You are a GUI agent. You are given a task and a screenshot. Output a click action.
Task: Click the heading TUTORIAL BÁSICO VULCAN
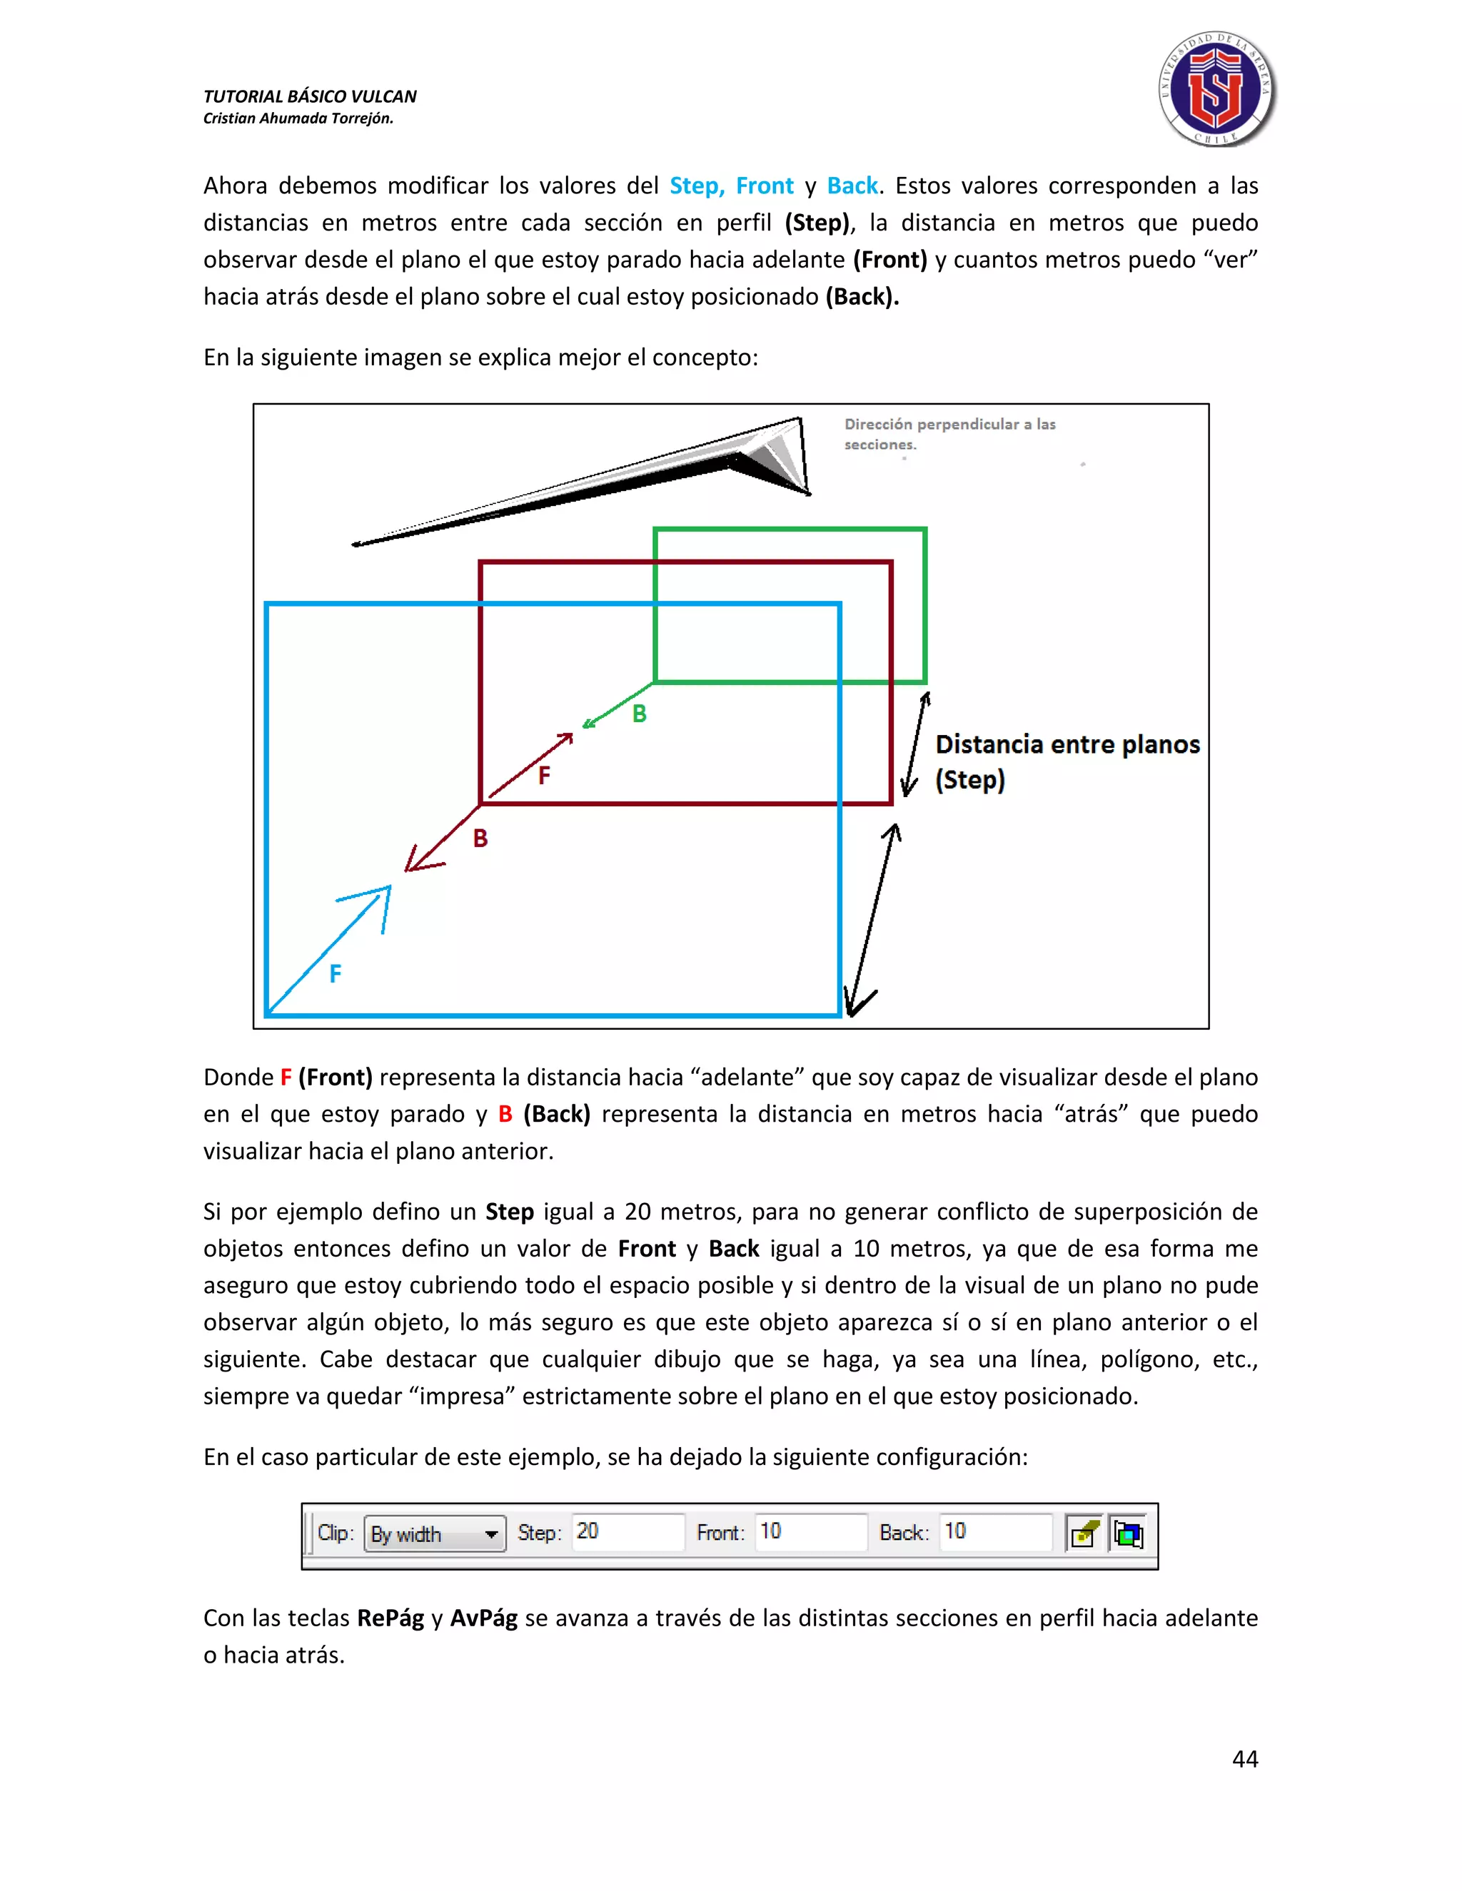309,96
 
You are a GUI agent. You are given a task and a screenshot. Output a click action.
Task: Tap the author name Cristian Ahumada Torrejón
298,118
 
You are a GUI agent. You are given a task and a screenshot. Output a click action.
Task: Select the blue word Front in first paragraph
764,186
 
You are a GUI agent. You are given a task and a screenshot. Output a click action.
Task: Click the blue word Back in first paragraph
852,186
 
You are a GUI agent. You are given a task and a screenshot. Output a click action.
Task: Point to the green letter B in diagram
639,714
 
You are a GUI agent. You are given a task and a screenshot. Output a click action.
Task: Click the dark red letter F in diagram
544,775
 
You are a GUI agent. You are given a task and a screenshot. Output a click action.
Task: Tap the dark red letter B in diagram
480,838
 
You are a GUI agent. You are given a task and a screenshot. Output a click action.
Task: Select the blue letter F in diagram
336,973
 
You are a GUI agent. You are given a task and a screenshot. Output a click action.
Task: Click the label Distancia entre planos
1067,744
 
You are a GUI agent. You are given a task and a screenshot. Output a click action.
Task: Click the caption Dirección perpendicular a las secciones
949,434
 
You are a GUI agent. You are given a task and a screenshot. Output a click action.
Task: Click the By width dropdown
435,1533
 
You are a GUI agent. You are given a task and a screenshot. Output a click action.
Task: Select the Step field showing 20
627,1531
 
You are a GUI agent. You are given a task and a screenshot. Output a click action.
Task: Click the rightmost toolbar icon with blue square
1128,1533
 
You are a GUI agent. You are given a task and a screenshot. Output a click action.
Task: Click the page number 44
1244,1758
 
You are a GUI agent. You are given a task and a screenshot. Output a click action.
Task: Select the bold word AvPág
483,1618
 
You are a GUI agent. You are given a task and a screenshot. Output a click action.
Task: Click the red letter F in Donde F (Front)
285,1077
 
